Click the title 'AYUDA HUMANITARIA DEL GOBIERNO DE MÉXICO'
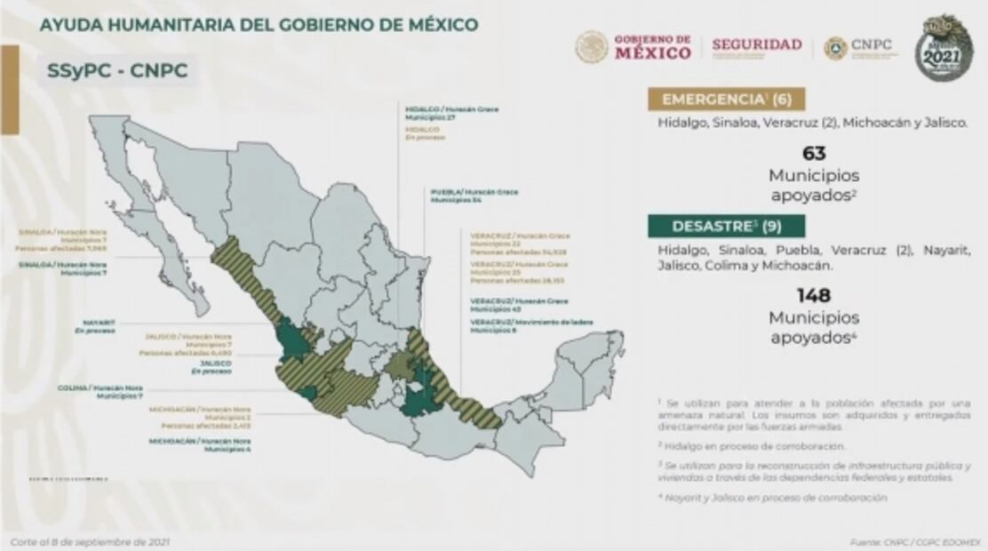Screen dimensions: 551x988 tap(259, 25)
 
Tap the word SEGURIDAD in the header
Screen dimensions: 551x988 tap(756, 44)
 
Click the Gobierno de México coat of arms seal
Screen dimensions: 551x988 tap(592, 47)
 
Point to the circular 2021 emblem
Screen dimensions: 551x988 tap(944, 47)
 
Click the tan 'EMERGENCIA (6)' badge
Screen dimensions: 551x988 tap(727, 99)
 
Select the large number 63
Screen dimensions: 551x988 tap(814, 154)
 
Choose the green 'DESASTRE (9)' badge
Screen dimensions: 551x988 tap(727, 226)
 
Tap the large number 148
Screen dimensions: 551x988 tap(814, 295)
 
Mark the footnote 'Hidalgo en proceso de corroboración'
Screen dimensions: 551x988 tap(752, 446)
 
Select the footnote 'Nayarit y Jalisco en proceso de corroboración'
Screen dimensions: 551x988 tap(773, 498)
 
